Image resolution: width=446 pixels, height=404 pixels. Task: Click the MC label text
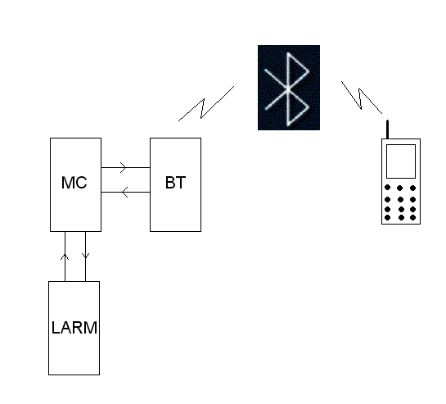click(74, 183)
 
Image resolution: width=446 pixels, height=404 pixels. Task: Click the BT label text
click(175, 183)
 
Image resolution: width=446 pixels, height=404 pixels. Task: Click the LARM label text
click(74, 328)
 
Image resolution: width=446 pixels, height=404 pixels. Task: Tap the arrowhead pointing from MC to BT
click(123, 167)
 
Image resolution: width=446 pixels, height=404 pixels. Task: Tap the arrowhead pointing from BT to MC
click(125, 192)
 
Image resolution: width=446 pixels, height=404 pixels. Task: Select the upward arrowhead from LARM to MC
click(65, 256)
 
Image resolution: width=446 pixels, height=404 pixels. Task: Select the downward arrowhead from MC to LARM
click(85, 256)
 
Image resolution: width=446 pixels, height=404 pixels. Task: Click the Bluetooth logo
click(289, 88)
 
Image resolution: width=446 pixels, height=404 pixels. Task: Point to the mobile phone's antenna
click(387, 129)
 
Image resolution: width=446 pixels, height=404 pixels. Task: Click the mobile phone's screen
click(401, 161)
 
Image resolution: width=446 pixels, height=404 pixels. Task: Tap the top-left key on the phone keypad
click(387, 188)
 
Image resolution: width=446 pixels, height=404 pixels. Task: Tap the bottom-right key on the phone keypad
click(413, 218)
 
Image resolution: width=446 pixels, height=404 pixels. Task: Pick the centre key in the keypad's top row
click(400, 188)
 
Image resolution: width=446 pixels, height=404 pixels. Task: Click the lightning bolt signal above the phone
click(361, 98)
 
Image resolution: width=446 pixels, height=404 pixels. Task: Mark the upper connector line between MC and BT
click(125, 167)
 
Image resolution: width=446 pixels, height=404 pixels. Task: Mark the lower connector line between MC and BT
click(125, 192)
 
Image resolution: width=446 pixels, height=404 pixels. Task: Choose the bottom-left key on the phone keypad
click(387, 218)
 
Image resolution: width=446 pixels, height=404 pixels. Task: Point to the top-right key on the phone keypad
click(413, 188)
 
